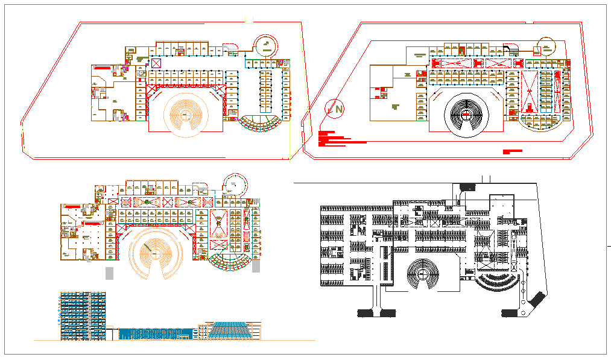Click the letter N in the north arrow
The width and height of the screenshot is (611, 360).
pos(340,109)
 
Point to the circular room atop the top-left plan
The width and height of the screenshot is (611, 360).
pos(265,45)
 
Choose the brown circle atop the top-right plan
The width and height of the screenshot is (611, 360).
pos(545,46)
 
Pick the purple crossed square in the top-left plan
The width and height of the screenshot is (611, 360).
pos(156,63)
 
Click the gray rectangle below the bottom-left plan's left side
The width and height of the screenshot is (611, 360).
pos(109,273)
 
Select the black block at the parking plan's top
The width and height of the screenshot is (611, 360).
pos(467,187)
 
